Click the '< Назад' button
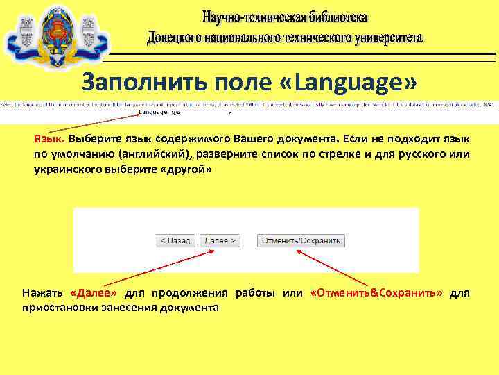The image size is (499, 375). (175, 240)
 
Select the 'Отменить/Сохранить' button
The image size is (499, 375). (301, 240)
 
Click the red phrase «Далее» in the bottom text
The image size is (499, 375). (94, 293)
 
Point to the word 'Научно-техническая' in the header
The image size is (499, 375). (251, 16)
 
